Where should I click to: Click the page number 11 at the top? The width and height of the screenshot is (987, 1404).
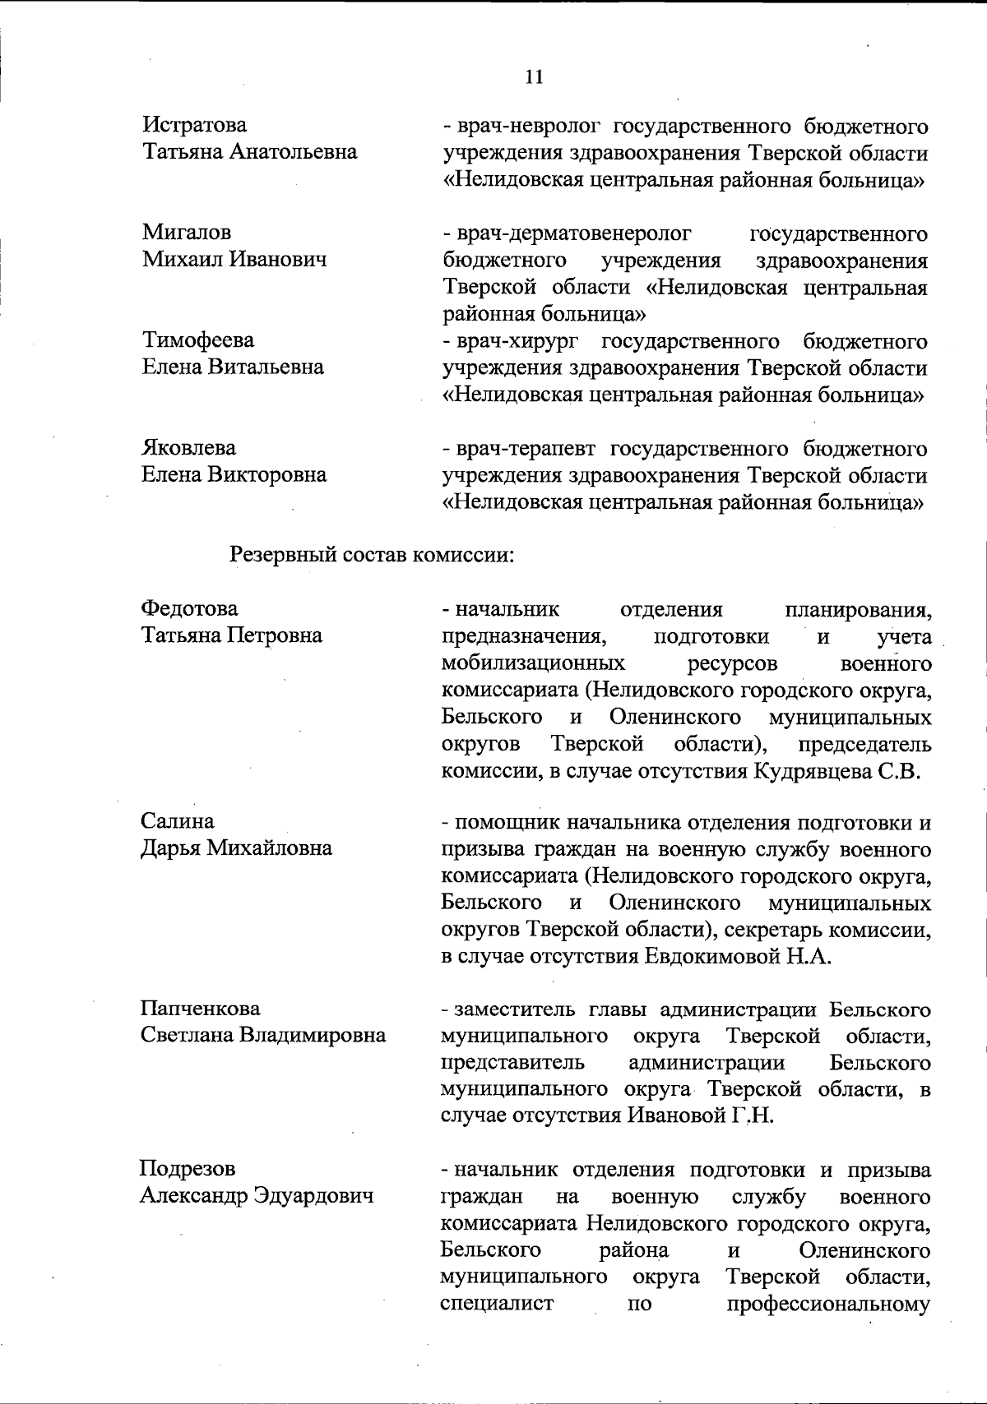point(533,77)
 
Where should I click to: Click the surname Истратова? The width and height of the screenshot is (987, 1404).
point(195,126)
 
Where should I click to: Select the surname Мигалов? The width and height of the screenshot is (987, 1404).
point(187,233)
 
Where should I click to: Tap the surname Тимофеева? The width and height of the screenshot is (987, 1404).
point(198,340)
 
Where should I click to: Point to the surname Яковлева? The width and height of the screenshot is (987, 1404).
point(189,448)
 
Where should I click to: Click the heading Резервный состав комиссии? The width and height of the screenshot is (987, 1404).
point(372,554)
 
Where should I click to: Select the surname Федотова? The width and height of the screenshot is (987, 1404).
point(189,609)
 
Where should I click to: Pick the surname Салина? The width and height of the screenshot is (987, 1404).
point(178,821)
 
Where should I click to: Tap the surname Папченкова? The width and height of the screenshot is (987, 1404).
point(200,1009)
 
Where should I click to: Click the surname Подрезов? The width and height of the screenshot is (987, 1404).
point(187,1169)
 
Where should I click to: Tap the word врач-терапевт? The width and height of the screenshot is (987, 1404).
point(526,449)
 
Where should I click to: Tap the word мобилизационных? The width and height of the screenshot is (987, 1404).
point(533,663)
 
